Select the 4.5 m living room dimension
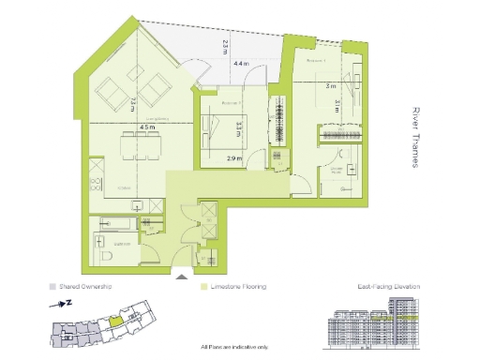pyautogui.click(x=145, y=127)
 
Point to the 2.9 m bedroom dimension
pyautogui.click(x=234, y=159)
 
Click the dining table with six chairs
pyautogui.click(x=141, y=144)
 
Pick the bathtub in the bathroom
pyautogui.click(x=114, y=223)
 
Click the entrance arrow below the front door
pyautogui.click(x=181, y=275)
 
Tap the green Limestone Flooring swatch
pyautogui.click(x=203, y=287)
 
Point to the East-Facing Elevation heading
pyautogui.click(x=389, y=287)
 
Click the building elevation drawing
pyautogui.click(x=373, y=327)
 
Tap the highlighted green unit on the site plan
pyautogui.click(x=114, y=320)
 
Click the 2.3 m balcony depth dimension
pyautogui.click(x=225, y=44)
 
